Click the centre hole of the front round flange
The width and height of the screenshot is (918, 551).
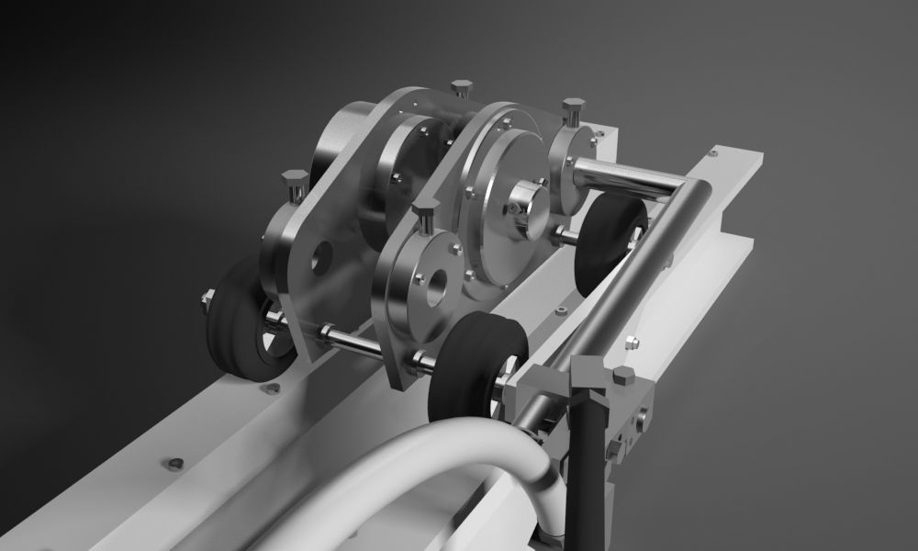click(x=434, y=282)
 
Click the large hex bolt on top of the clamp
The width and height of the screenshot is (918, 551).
click(x=623, y=377)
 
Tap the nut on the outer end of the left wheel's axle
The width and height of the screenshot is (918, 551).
click(x=207, y=298)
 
